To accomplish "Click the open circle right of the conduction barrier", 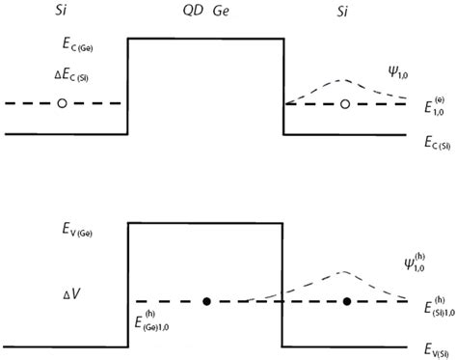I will (345, 103).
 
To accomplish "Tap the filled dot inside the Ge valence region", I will (206, 302).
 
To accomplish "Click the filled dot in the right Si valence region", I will (346, 302).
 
